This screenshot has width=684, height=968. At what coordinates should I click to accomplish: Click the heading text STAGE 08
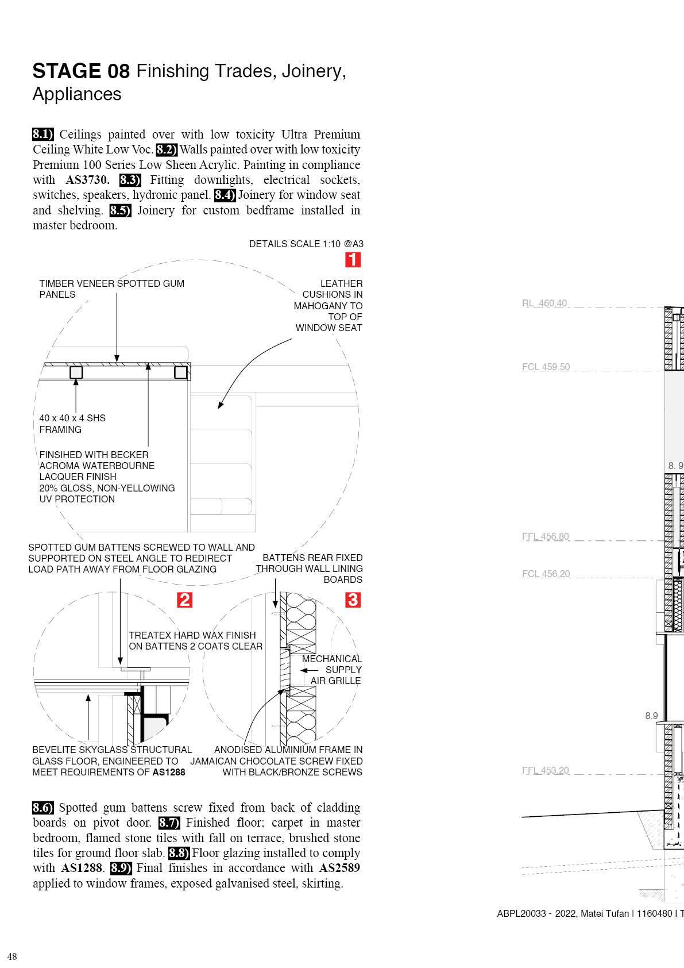tap(81, 71)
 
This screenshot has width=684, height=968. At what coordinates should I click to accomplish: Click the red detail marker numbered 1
tap(353, 260)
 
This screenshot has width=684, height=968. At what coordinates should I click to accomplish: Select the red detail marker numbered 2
tap(184, 600)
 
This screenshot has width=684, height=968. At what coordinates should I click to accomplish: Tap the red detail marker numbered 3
tap(353, 600)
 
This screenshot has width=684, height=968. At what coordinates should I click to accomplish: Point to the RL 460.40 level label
tap(544, 304)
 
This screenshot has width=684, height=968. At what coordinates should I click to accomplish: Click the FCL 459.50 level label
tap(546, 367)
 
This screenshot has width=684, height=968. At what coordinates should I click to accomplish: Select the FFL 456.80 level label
tap(545, 537)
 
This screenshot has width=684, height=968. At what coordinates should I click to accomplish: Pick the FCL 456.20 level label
tap(546, 574)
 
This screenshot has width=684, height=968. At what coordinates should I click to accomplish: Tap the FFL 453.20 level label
tap(545, 771)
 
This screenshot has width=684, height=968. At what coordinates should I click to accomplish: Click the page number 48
tap(12, 957)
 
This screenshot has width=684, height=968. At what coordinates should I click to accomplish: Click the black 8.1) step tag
tap(43, 135)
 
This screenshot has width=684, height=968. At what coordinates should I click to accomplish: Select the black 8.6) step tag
tap(43, 808)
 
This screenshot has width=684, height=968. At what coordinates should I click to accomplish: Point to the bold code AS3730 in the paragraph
tap(87, 180)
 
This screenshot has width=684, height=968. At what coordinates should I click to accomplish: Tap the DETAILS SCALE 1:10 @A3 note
tap(306, 244)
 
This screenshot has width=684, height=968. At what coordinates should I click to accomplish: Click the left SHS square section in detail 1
tap(76, 372)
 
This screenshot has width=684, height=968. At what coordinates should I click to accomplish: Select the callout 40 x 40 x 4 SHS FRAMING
tap(72, 424)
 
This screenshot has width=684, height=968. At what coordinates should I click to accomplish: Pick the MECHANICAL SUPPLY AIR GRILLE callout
tap(332, 670)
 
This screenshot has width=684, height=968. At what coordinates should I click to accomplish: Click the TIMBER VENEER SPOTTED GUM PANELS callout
tap(111, 289)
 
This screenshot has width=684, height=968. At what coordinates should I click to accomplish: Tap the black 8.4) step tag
tap(225, 195)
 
